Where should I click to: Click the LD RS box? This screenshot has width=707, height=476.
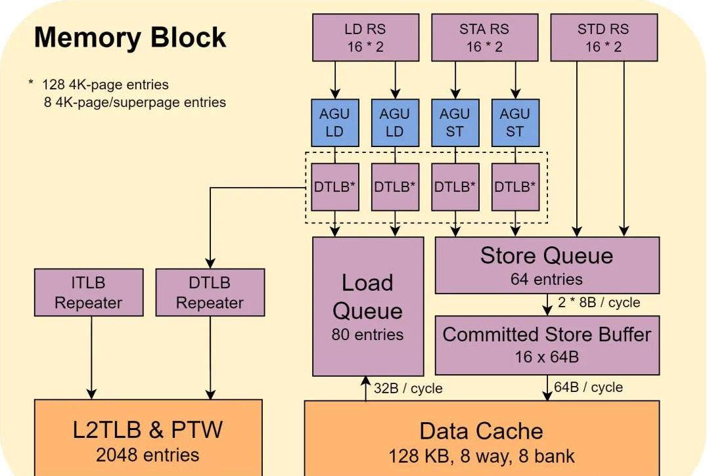point(365,37)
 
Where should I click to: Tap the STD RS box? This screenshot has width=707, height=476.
point(603,37)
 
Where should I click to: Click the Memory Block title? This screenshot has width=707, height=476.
point(130,37)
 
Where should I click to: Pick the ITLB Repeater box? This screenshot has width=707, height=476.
point(88,292)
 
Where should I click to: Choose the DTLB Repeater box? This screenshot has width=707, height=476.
point(210,292)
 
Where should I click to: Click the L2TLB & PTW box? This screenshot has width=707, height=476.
point(148,437)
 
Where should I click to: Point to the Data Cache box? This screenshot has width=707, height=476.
point(482,437)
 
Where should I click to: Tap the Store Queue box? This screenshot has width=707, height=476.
point(547,264)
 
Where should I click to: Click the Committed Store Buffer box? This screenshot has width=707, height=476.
point(547,344)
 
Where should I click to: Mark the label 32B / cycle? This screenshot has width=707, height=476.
point(408,389)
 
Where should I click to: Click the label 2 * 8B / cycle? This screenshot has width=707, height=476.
point(599,303)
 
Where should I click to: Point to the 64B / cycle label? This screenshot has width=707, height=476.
point(588,387)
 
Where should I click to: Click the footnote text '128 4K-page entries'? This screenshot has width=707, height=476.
point(105,85)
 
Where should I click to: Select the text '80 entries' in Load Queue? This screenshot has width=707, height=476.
point(368,334)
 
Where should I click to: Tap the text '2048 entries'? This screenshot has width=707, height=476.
point(148,454)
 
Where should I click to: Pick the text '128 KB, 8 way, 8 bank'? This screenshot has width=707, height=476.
point(482,456)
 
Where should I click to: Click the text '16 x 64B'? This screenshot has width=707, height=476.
point(547,357)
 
